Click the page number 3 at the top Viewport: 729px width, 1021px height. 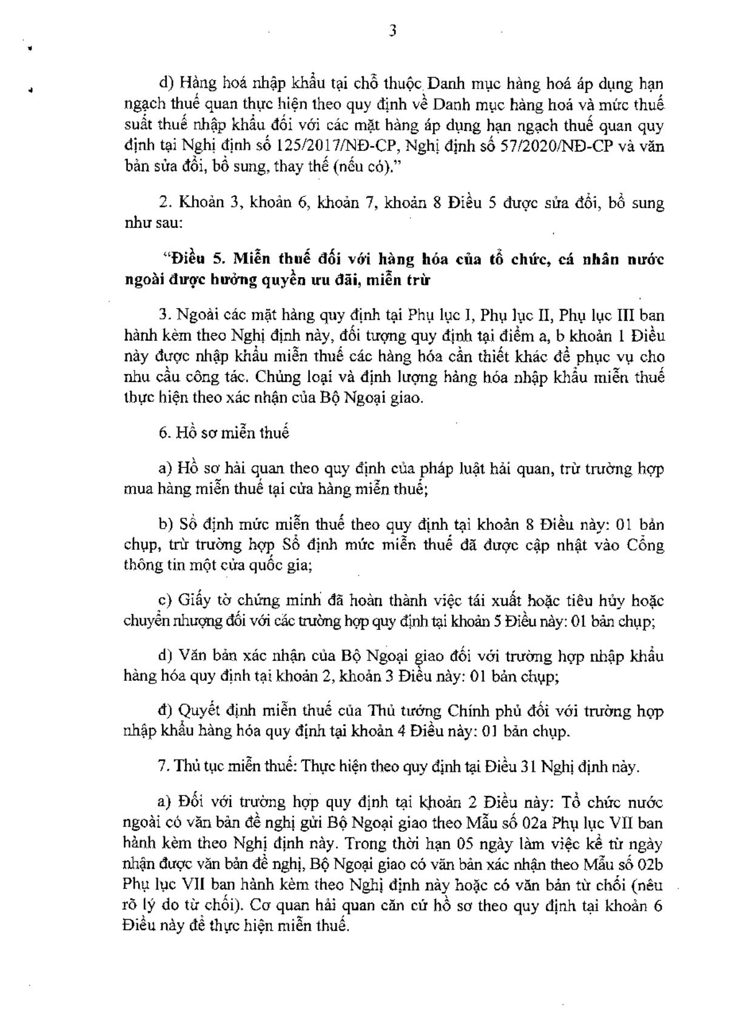pyautogui.click(x=392, y=31)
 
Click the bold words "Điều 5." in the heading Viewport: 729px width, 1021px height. pyautogui.click(x=195, y=259)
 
